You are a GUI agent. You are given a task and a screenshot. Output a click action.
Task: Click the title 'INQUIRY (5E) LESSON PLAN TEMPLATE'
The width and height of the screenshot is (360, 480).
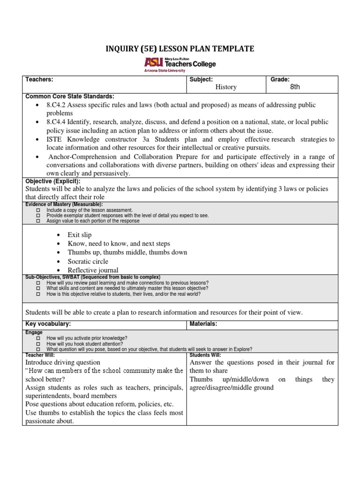(180, 49)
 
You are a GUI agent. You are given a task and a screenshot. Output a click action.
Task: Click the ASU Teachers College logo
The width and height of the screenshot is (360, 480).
(180, 64)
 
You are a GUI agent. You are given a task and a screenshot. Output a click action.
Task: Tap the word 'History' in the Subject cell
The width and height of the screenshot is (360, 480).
(226, 87)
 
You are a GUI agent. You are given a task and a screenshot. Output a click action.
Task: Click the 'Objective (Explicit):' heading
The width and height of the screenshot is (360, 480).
(53, 181)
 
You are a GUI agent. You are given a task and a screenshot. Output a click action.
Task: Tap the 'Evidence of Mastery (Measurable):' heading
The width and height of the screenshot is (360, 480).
(64, 205)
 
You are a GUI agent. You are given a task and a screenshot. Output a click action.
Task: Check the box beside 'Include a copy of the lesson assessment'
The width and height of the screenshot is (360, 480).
(38, 210)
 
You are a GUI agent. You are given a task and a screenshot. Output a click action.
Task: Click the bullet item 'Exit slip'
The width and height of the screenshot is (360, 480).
(80, 235)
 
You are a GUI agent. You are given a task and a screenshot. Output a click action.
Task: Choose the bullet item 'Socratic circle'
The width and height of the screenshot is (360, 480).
(88, 261)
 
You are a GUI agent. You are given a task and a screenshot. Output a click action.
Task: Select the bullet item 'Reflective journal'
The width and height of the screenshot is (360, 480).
(93, 270)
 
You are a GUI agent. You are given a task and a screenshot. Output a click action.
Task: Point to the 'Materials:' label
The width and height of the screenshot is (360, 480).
(203, 324)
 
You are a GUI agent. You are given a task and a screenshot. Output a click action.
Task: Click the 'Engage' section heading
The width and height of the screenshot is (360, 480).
(34, 332)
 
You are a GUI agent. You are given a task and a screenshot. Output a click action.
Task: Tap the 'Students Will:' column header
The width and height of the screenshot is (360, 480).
(204, 355)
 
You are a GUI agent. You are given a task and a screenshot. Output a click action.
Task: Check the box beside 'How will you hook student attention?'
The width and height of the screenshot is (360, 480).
(38, 344)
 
